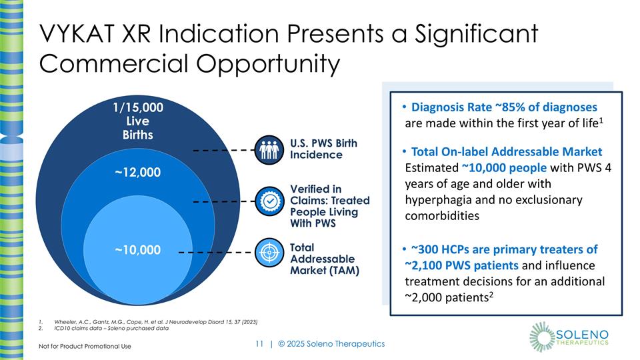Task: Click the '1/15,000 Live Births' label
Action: tap(137, 121)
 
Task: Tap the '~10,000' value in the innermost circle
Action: tap(137, 250)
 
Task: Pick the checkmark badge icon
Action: tap(270, 201)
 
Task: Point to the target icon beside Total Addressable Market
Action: tap(270, 253)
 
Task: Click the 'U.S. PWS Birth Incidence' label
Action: tap(323, 149)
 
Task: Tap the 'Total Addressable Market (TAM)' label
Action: tap(324, 259)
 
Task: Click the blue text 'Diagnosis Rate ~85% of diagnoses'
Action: tap(504, 107)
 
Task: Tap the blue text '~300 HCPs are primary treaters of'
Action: tap(504, 249)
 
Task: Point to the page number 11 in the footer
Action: tap(260, 343)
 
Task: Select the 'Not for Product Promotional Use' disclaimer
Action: tap(84, 346)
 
